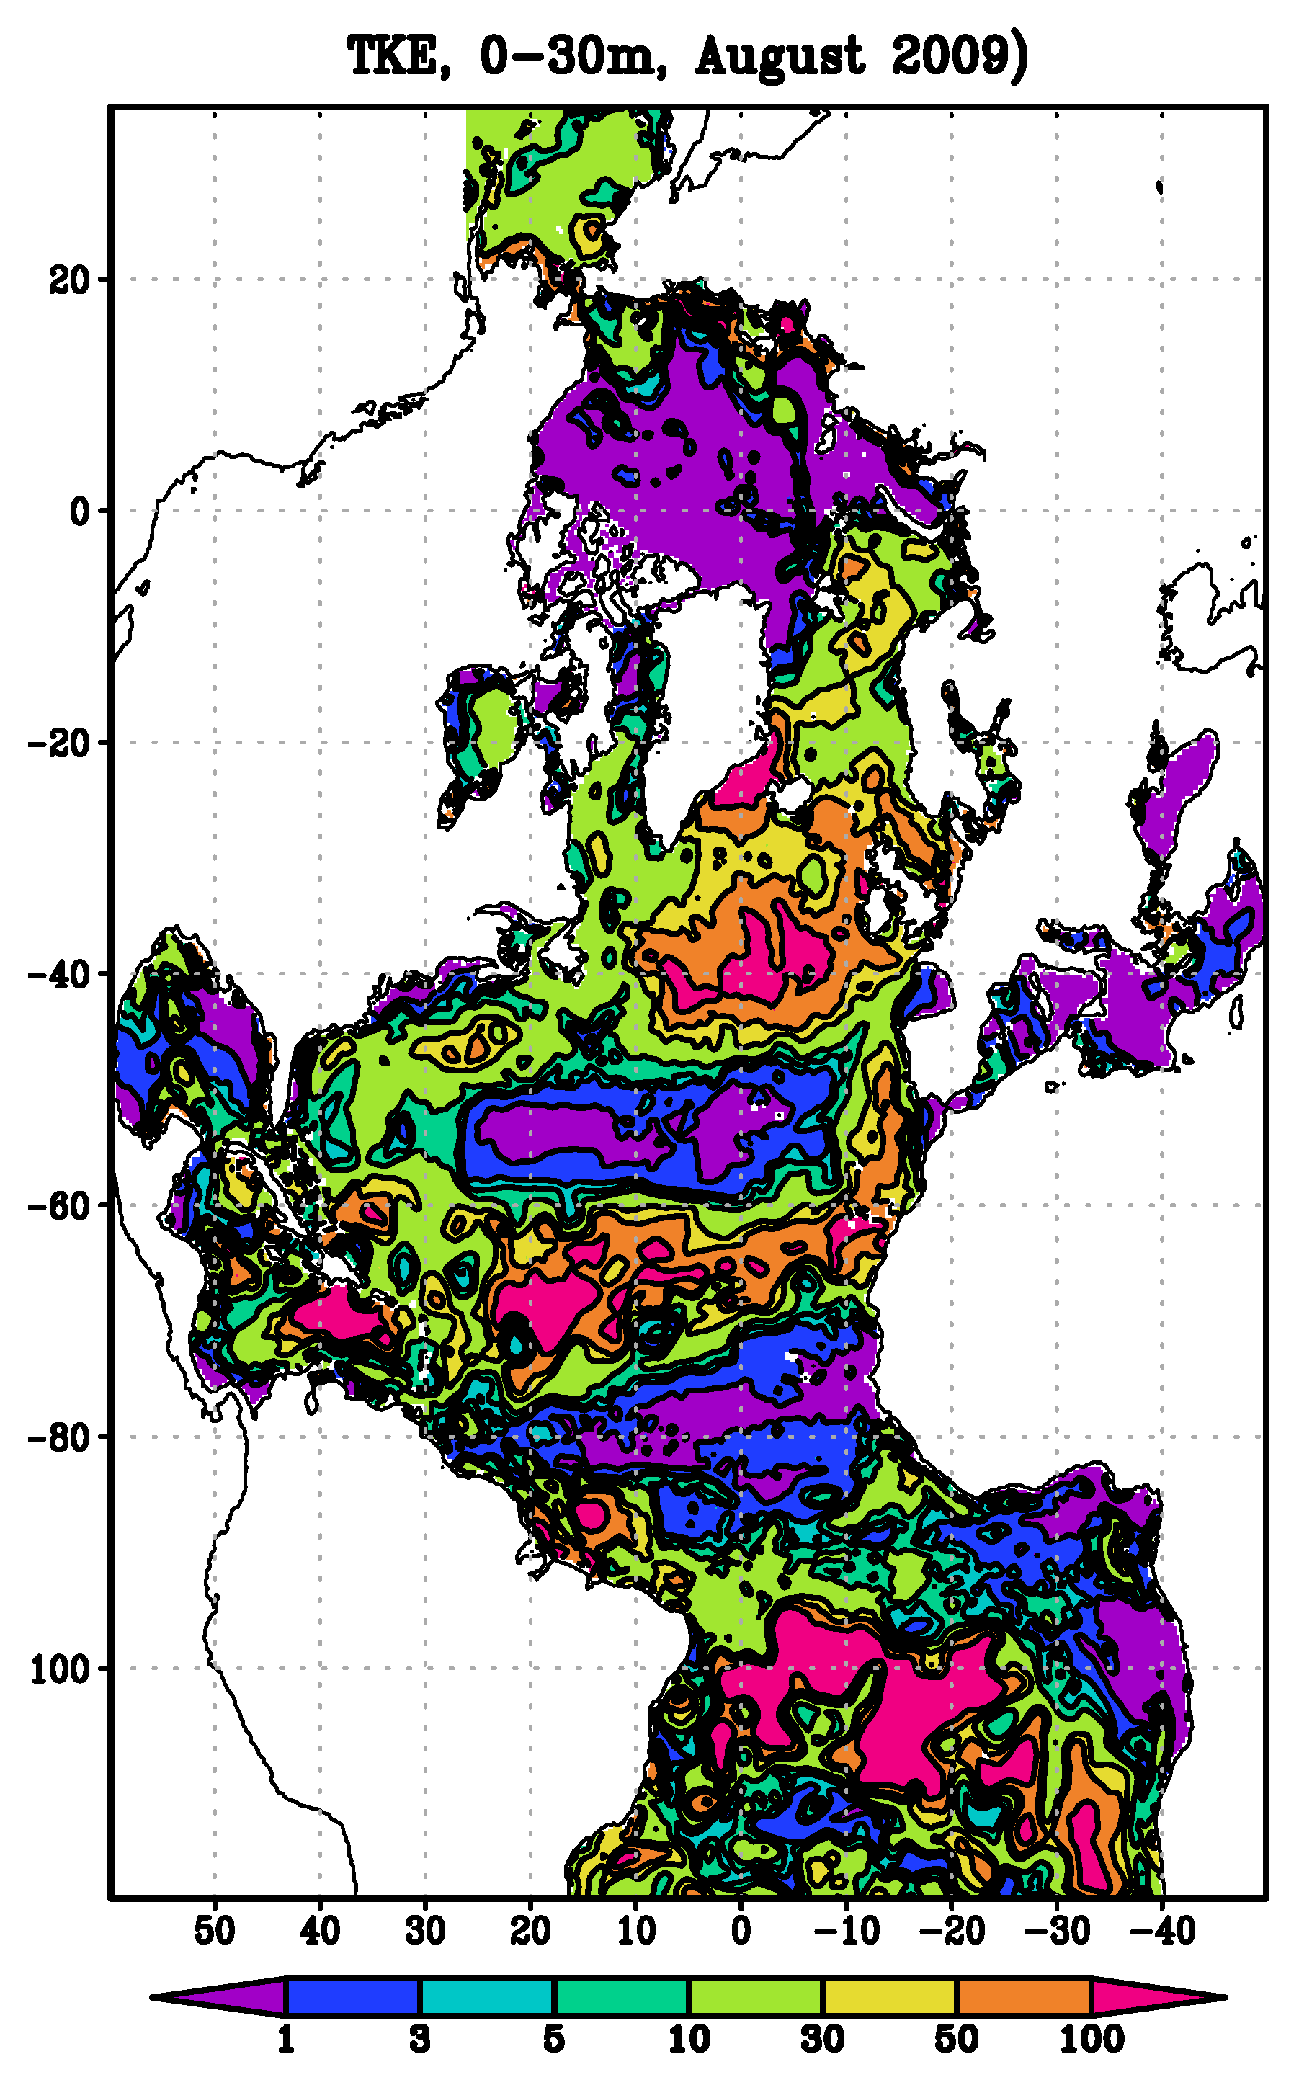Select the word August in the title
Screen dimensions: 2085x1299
778,58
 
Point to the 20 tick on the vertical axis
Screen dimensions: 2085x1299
68,280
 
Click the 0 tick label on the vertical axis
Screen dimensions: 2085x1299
80,512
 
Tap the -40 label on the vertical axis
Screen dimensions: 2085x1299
59,975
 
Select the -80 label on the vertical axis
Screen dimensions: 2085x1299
59,1438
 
